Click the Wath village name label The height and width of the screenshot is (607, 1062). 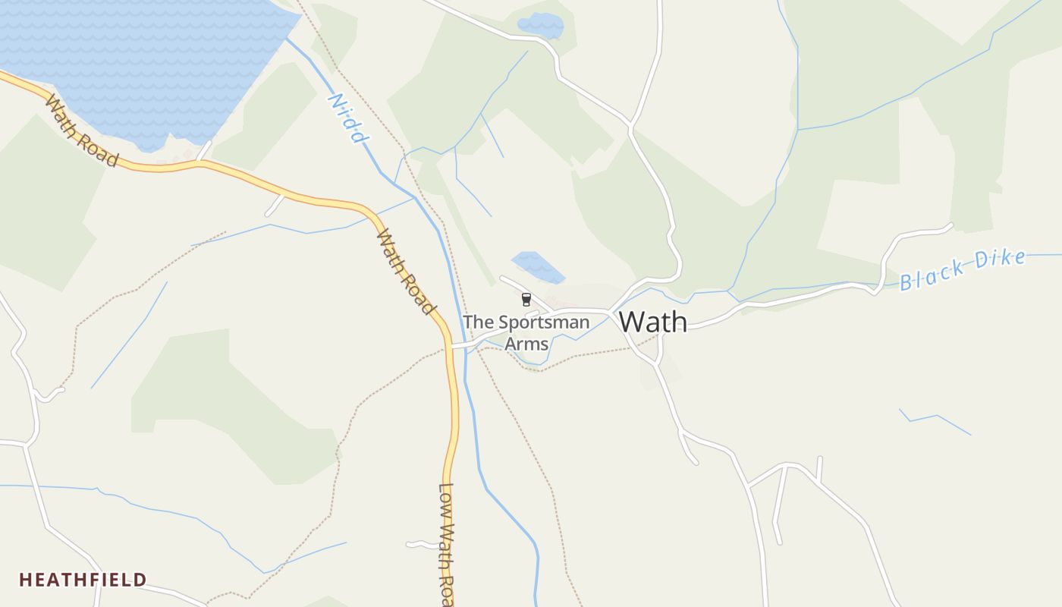tap(653, 322)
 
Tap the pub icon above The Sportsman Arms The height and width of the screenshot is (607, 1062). tap(526, 300)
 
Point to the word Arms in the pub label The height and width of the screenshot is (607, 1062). tap(526, 344)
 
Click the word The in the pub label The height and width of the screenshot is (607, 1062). tap(477, 322)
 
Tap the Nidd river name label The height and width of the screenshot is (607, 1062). tap(347, 118)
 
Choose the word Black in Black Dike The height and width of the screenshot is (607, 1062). tap(932, 274)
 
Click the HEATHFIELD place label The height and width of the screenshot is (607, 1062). tap(83, 580)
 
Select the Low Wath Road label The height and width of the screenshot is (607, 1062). tap(448, 545)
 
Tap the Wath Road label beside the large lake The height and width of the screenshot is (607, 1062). tap(82, 131)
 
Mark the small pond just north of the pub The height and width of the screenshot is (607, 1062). tap(538, 267)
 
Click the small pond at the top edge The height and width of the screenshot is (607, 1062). tap(540, 26)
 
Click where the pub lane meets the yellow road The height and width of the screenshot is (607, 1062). tap(453, 346)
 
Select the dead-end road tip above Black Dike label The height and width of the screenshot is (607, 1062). tap(950, 225)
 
